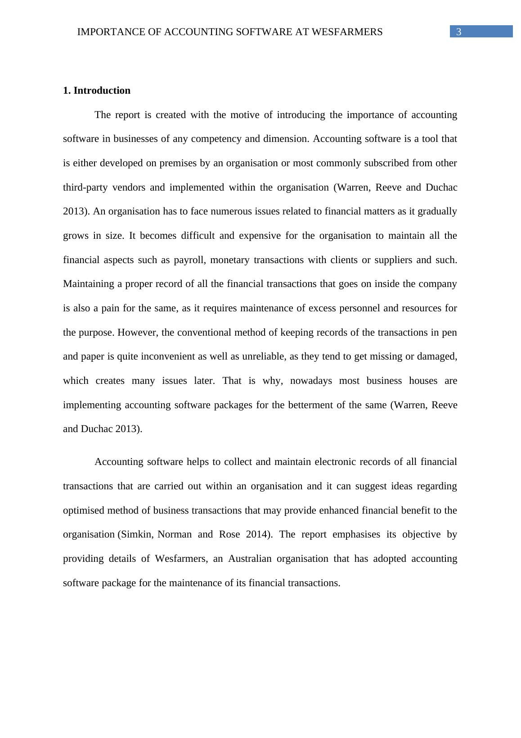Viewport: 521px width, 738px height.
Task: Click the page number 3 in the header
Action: pos(458,32)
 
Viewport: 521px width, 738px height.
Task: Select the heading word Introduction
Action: pos(102,91)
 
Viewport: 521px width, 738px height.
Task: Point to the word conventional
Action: pos(205,333)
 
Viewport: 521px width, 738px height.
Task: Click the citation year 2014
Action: pos(258,534)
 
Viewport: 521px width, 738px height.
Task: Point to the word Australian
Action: pos(250,559)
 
